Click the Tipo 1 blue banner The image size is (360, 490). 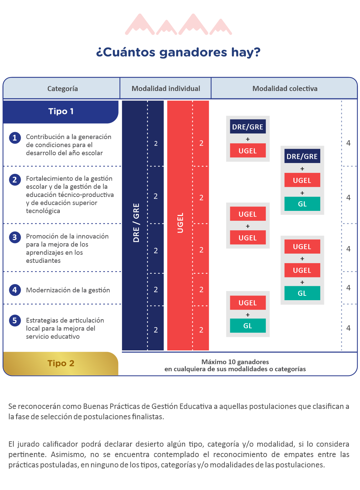[60, 112]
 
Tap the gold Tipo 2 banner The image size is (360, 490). [60, 363]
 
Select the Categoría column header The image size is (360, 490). [62, 89]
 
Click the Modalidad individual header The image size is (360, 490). [166, 89]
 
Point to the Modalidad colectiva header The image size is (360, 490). [285, 89]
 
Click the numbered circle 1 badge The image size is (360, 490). [15, 138]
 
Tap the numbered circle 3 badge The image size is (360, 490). [15, 237]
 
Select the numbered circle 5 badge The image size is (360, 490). [15, 321]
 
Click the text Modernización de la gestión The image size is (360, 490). [68, 290]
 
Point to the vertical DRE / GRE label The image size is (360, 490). [136, 223]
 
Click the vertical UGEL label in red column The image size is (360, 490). [180, 223]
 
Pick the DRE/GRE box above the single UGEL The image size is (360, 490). [248, 126]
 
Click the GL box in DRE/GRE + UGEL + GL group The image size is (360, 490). [302, 204]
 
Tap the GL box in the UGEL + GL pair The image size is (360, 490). [248, 326]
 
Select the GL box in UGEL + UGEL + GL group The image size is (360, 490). [302, 293]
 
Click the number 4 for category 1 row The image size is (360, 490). [348, 143]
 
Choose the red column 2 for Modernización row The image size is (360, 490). [201, 290]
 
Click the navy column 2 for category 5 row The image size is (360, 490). [156, 330]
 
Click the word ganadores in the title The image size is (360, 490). [194, 53]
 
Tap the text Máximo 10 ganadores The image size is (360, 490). [235, 362]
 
